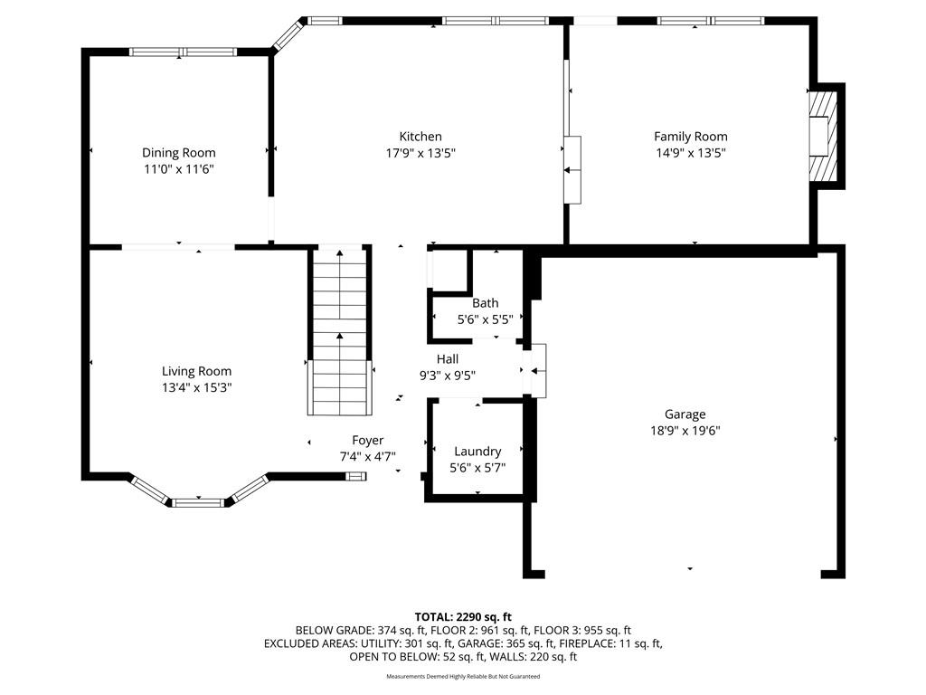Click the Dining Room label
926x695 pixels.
(178, 152)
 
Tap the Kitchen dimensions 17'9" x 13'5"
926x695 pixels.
(420, 153)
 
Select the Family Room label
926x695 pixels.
(690, 137)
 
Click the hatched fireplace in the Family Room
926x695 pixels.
(823, 137)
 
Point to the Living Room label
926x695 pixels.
(196, 371)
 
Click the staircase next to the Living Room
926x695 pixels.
(340, 330)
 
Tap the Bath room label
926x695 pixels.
(485, 303)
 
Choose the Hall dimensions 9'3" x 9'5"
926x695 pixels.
(447, 376)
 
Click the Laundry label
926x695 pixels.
(477, 452)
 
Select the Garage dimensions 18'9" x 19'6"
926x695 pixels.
(685, 431)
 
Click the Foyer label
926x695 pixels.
(367, 441)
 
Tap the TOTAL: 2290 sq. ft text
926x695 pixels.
(463, 617)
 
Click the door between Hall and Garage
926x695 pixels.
(538, 370)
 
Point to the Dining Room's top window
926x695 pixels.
(183, 52)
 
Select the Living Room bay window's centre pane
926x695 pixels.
(198, 503)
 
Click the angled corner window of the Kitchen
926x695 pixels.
(288, 33)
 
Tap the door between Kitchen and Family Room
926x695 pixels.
(572, 169)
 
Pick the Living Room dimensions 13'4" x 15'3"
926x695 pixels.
(196, 387)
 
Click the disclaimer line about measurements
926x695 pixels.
(463, 676)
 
